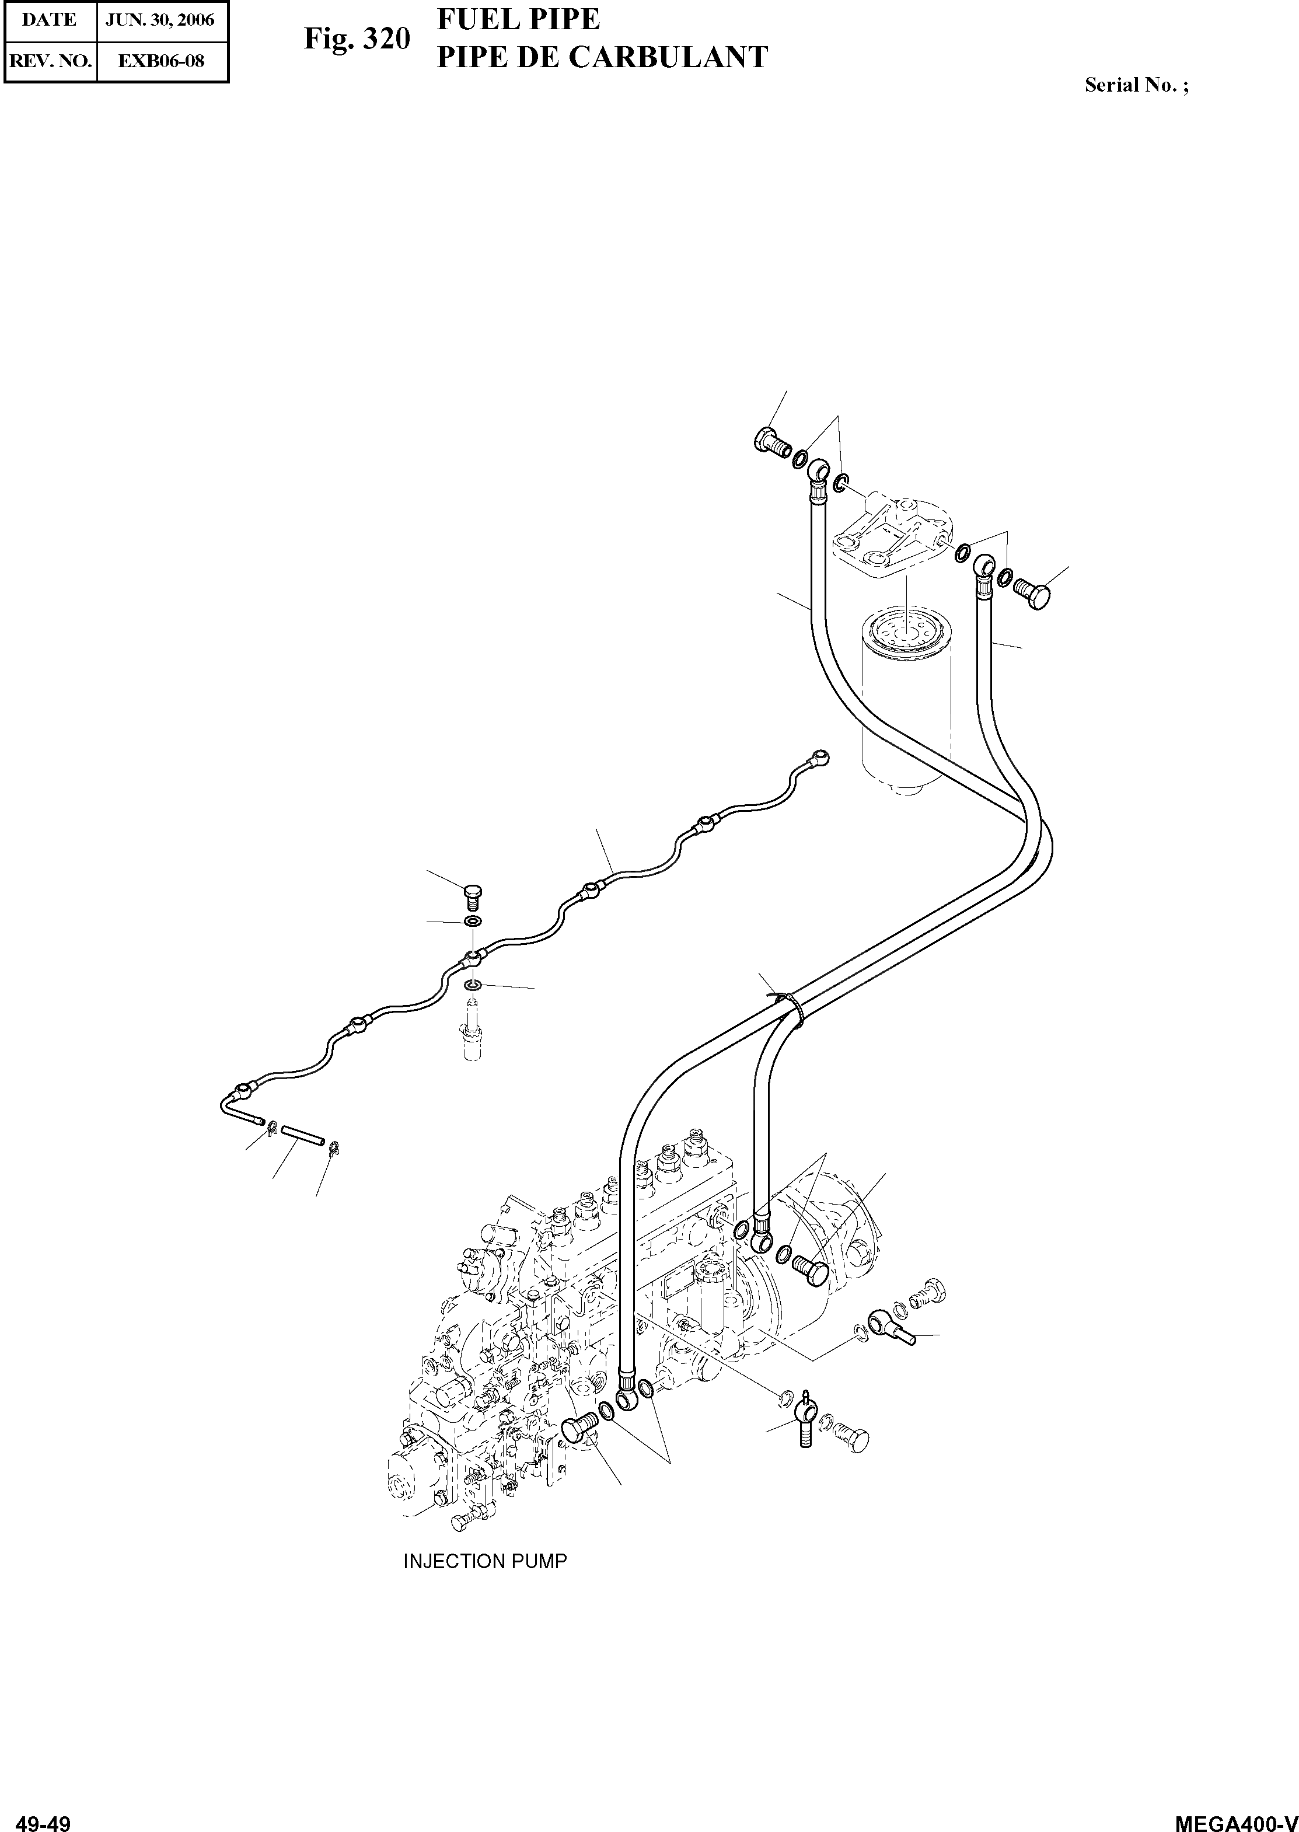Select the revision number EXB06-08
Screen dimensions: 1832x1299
(161, 61)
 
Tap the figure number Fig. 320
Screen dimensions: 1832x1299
(357, 39)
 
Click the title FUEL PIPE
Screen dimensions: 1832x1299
(518, 19)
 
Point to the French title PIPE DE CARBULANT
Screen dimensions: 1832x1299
(602, 57)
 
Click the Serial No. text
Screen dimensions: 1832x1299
(1136, 85)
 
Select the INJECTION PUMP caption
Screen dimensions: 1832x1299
(485, 1561)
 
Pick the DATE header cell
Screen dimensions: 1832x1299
(50, 20)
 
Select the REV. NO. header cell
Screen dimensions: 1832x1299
(50, 61)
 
